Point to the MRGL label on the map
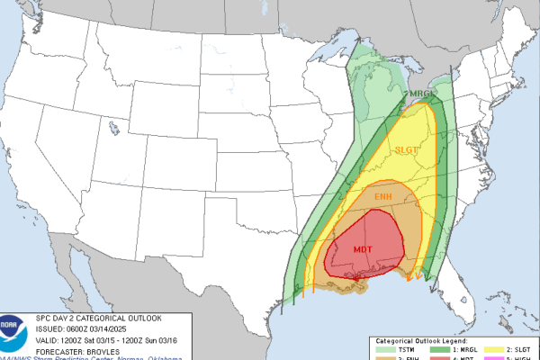click(422, 94)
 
